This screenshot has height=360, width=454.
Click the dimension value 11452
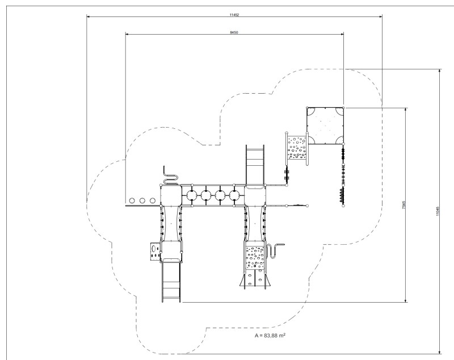pos(234,15)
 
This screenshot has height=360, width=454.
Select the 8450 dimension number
pos(234,32)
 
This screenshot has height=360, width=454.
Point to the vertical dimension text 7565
pos(403,205)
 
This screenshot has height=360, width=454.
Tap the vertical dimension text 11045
pos(438,211)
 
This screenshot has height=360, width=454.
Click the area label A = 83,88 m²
pos(270,336)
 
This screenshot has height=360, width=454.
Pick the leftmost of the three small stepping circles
pos(132,200)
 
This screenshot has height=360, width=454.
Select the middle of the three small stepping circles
pos(142,200)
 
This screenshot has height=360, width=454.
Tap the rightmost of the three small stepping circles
pos(153,200)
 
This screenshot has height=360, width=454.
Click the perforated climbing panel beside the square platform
pos(297,148)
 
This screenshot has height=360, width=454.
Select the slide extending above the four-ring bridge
pos(255,165)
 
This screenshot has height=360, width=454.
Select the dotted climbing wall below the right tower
pos(255,257)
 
